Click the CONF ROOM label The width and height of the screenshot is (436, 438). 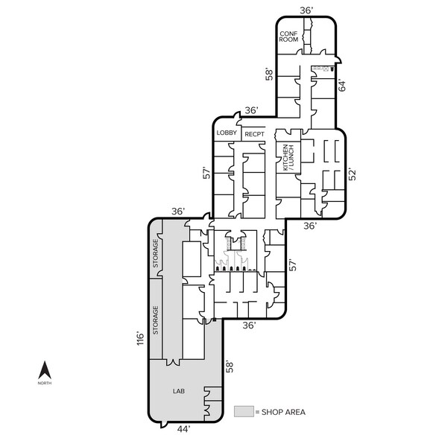pyautogui.click(x=288, y=36)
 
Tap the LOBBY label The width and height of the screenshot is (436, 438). pyautogui.click(x=227, y=133)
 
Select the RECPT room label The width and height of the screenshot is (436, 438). pyautogui.click(x=254, y=134)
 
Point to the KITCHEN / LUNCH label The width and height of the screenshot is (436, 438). pyautogui.click(x=288, y=158)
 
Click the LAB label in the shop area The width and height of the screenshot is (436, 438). pyautogui.click(x=179, y=391)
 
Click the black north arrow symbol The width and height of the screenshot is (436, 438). pyautogui.click(x=45, y=370)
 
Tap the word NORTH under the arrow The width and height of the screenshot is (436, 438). pyautogui.click(x=45, y=383)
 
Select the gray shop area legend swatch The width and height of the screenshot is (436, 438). pyautogui.click(x=244, y=411)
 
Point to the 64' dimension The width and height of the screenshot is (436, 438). pyautogui.click(x=342, y=86)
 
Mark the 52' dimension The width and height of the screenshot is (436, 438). pyautogui.click(x=353, y=174)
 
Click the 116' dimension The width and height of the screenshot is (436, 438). pyautogui.click(x=140, y=338)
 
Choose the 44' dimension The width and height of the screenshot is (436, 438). pyautogui.click(x=183, y=429)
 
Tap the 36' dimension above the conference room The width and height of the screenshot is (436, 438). pyautogui.click(x=306, y=10)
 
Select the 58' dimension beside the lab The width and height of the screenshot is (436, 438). pyautogui.click(x=230, y=367)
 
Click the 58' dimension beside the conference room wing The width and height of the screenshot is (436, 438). pyautogui.click(x=270, y=74)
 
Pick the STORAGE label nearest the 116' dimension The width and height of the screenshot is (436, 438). pyautogui.click(x=155, y=320)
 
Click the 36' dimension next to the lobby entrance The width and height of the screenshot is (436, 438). pyautogui.click(x=251, y=110)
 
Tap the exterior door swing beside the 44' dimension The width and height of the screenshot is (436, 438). pyautogui.click(x=162, y=425)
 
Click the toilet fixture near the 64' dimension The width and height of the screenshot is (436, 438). pyautogui.click(x=332, y=69)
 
